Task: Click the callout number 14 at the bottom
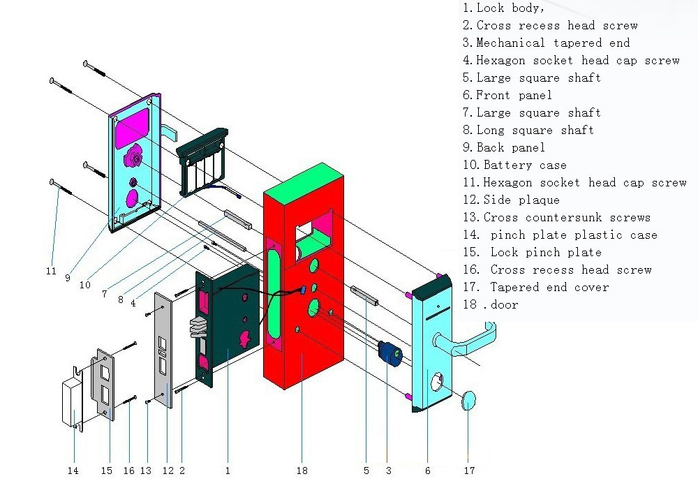pos(73,471)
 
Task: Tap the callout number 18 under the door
pos(302,471)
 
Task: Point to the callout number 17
pos(470,471)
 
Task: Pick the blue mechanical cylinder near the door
pos(390,353)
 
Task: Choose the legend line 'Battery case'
pos(514,165)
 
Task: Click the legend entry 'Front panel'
pos(507,95)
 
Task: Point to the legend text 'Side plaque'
pos(511,200)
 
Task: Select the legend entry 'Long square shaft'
pos(528,130)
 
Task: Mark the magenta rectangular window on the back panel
pos(133,127)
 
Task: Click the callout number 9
pos(68,277)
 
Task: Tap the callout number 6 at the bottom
pos(428,471)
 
